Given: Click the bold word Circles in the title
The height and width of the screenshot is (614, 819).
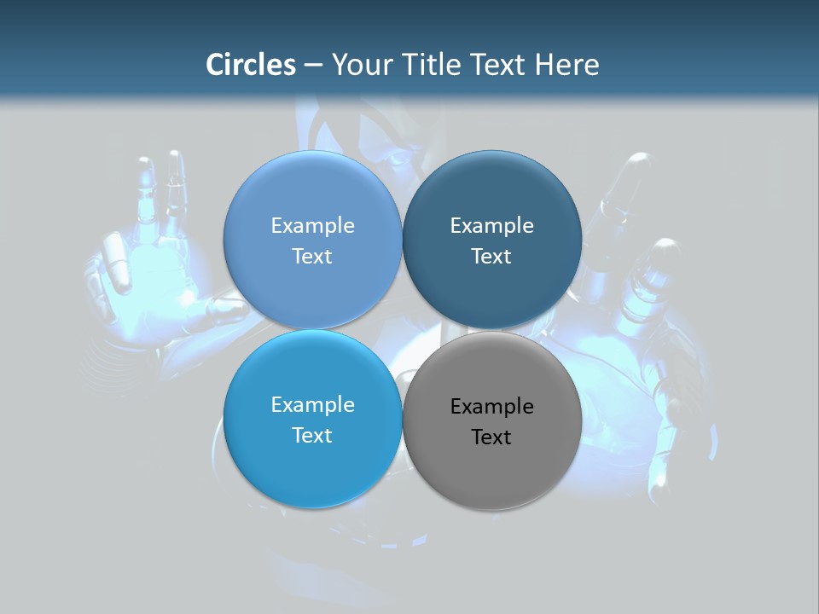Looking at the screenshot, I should click(x=250, y=65).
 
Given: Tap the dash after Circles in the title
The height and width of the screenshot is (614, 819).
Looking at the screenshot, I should click(x=312, y=66).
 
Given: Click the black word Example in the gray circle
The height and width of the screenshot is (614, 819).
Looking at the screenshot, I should click(x=492, y=407).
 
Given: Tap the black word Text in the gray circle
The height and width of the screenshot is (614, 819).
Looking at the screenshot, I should click(x=491, y=437).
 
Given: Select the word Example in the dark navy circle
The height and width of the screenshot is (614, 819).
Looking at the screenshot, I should click(x=492, y=226).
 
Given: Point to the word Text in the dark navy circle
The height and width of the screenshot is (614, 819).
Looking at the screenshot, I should click(x=491, y=257).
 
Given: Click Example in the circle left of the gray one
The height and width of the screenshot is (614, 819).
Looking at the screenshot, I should click(x=312, y=405).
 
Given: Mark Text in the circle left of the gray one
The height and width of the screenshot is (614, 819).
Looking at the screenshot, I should click(x=312, y=436).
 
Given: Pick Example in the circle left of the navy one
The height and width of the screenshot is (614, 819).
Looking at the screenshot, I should click(x=312, y=226).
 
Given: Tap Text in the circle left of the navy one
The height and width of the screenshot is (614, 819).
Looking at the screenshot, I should click(x=312, y=257).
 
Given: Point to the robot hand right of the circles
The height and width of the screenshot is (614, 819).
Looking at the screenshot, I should click(x=648, y=290).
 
